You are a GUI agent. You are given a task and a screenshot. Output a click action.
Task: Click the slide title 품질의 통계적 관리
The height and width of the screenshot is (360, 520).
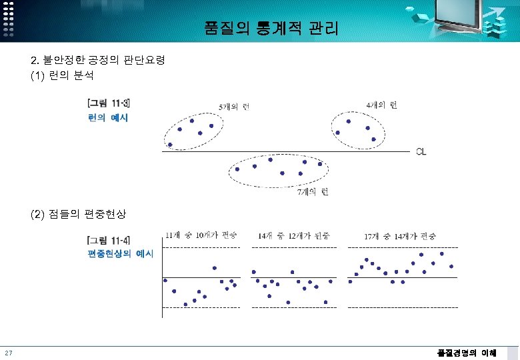click(271, 29)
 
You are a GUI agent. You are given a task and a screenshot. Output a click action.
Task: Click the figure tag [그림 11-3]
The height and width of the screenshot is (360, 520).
click(109, 103)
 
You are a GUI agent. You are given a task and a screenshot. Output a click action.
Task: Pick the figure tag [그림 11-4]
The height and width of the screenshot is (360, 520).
click(109, 240)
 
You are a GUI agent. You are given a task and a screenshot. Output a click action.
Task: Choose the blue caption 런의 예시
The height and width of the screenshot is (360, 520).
click(107, 118)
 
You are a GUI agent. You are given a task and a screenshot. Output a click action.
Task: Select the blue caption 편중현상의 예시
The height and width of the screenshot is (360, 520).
click(120, 254)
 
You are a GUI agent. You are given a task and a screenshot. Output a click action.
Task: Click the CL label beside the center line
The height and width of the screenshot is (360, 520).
click(421, 152)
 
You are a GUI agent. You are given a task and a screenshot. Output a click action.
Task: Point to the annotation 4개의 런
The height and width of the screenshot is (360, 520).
click(382, 105)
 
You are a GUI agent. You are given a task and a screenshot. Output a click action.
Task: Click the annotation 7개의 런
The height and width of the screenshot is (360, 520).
click(312, 192)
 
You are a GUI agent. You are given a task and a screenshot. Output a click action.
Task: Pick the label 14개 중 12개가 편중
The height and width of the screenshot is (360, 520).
click(293, 236)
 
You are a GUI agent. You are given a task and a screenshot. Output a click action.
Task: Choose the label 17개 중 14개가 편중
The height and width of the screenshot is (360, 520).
click(400, 236)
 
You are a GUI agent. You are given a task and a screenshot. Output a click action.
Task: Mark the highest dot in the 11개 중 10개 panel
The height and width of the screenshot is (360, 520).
click(215, 268)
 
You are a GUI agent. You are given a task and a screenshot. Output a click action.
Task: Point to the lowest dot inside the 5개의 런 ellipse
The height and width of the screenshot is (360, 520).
click(170, 144)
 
